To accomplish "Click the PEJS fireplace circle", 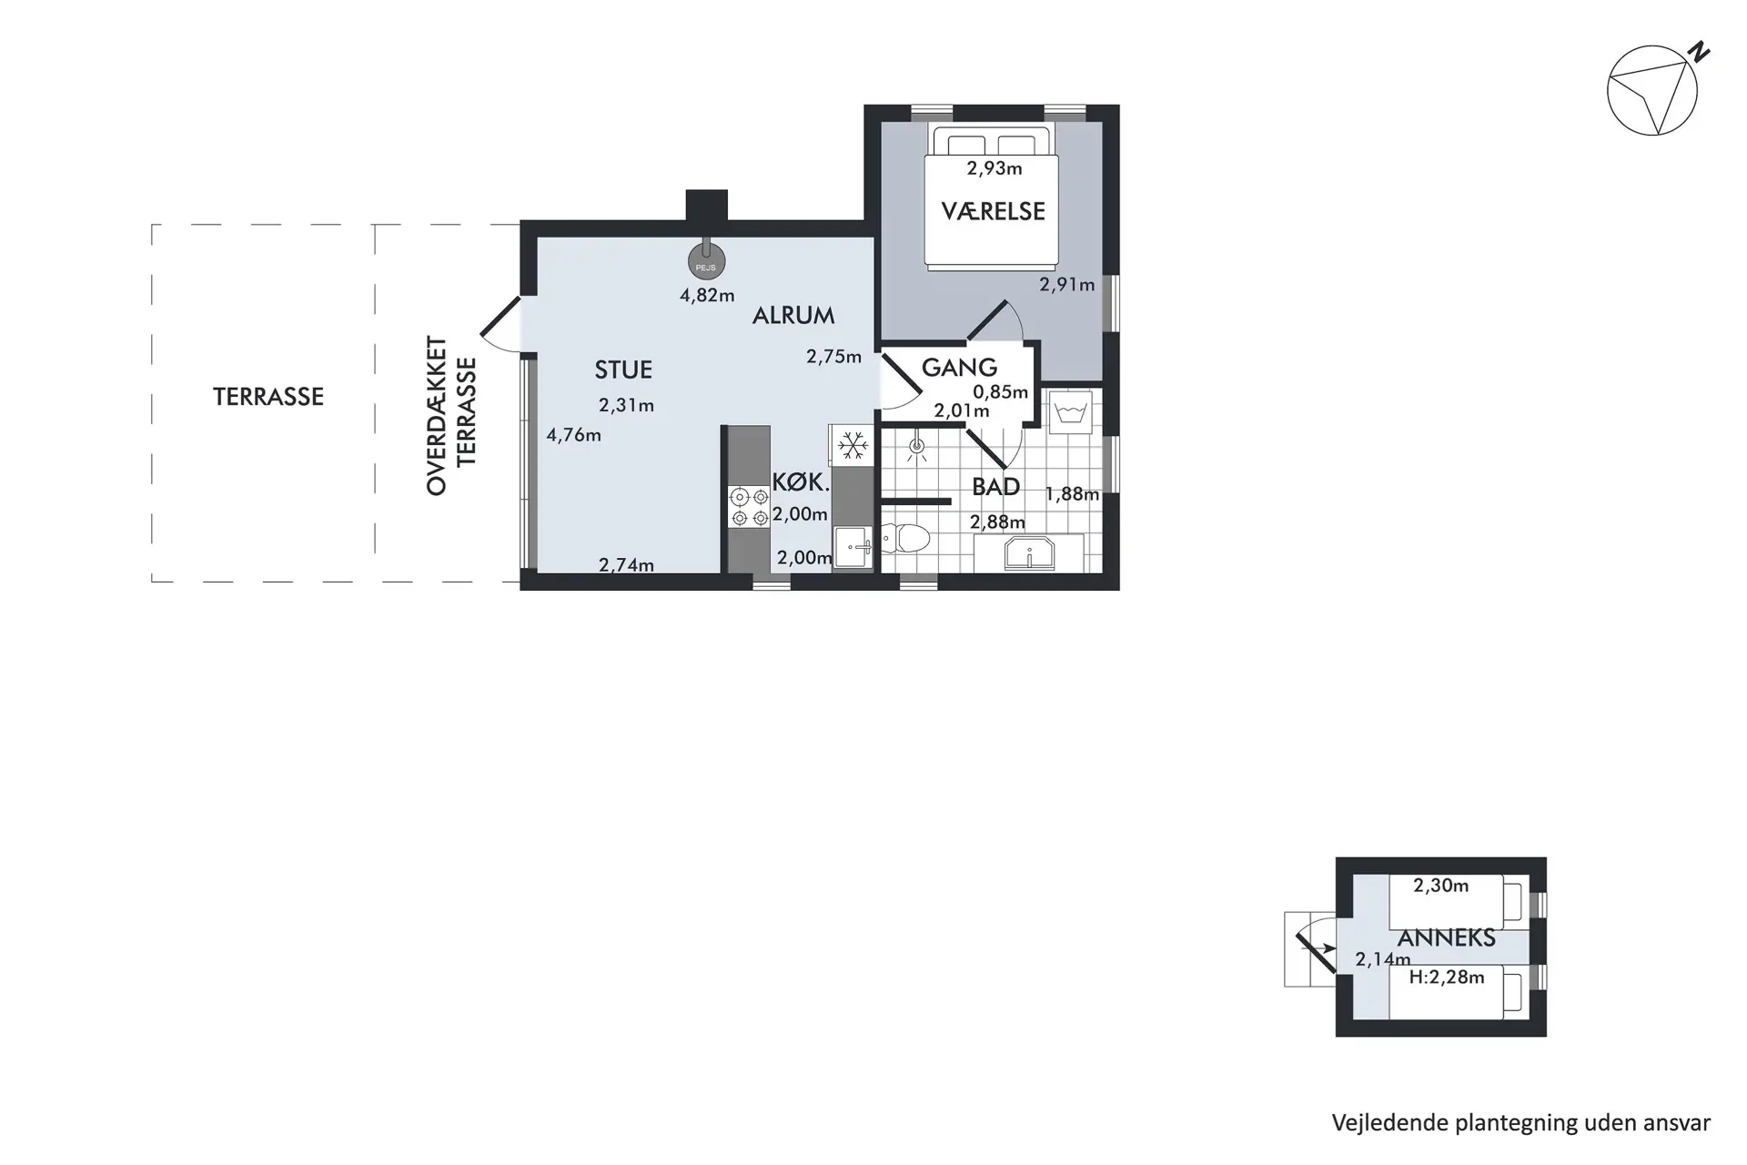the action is tap(706, 261).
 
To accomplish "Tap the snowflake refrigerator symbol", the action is tap(852, 446).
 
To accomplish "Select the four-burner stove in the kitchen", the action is tap(749, 508).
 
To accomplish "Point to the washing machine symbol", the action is tap(1071, 413).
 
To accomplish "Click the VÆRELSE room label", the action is tap(993, 211).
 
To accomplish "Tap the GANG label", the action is tap(959, 368).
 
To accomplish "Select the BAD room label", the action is tap(995, 487).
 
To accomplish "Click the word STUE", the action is tap(623, 370).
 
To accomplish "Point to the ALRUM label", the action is tap(793, 316).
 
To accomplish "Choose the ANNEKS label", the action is tap(1446, 937).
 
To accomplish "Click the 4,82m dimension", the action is tap(707, 295).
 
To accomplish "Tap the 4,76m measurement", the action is tap(573, 435).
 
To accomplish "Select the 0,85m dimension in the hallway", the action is tap(1000, 392).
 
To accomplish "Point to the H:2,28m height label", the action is tap(1447, 978).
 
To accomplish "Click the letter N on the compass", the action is tap(1698, 53).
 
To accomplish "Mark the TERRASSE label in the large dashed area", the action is tap(268, 397).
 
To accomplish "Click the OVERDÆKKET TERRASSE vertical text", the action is tap(451, 416).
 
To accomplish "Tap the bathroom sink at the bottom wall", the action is tap(1029, 553).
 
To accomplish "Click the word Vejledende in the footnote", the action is tap(1390, 1123).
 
